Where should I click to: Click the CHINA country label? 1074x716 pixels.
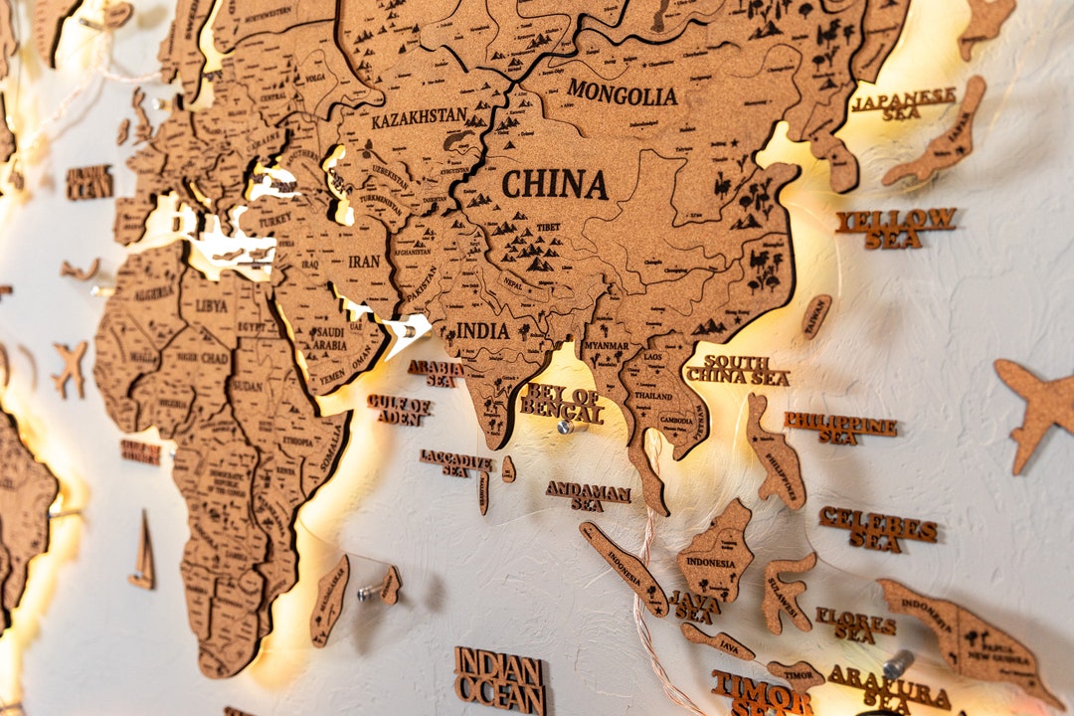pyautogui.click(x=555, y=185)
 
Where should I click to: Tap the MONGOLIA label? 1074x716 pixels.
pyautogui.click(x=623, y=93)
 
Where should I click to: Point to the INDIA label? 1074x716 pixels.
pyautogui.click(x=482, y=330)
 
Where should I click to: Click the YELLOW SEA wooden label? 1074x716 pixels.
pyautogui.click(x=895, y=227)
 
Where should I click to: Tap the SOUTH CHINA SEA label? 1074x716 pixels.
pyautogui.click(x=737, y=371)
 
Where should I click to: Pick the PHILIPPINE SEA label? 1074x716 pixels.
pyautogui.click(x=839, y=428)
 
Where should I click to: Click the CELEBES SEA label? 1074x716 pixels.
pyautogui.click(x=877, y=527)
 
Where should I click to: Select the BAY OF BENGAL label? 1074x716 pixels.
pyautogui.click(x=562, y=402)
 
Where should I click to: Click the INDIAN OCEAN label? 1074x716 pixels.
pyautogui.click(x=499, y=680)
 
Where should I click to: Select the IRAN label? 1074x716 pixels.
pyautogui.click(x=364, y=262)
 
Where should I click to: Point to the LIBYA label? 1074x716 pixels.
pyautogui.click(x=211, y=305)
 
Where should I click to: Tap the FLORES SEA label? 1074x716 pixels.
pyautogui.click(x=855, y=625)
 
